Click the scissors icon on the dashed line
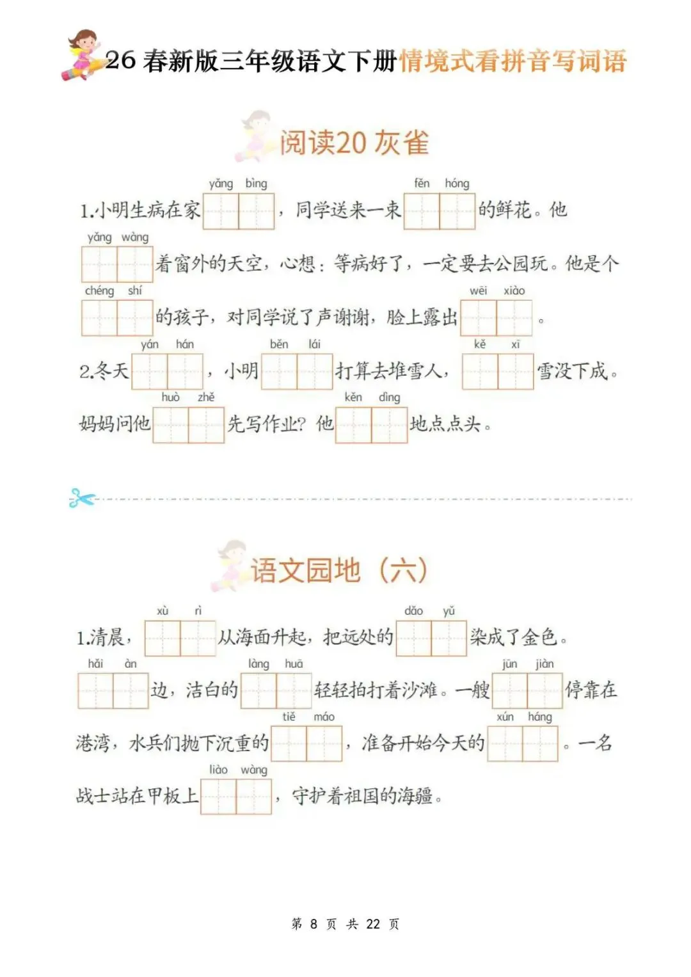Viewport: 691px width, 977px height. tap(81, 498)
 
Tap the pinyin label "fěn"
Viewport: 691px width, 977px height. tap(422, 184)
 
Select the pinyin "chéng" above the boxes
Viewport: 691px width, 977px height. tap(99, 291)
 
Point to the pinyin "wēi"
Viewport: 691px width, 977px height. tap(478, 291)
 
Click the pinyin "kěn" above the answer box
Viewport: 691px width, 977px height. tap(353, 397)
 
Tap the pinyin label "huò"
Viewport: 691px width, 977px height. tap(171, 397)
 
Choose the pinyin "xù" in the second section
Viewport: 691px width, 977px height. tap(163, 611)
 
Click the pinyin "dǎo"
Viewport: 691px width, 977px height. tap(414, 611)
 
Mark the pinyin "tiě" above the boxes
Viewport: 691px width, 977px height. tap(289, 717)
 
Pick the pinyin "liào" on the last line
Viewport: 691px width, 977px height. tap(218, 770)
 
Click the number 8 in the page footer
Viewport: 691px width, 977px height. tap(314, 924)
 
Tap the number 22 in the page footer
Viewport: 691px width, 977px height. tap(373, 924)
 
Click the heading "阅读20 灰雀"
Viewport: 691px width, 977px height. tap(354, 143)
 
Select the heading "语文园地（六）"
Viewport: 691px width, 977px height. tap(338, 570)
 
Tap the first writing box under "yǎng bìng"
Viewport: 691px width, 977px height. tap(221, 210)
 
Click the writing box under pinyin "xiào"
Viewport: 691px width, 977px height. tap(514, 318)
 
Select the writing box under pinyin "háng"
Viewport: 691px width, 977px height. tap(541, 743)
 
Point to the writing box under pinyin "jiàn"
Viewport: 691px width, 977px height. tap(545, 691)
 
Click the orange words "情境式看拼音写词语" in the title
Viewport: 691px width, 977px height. tap(512, 61)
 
